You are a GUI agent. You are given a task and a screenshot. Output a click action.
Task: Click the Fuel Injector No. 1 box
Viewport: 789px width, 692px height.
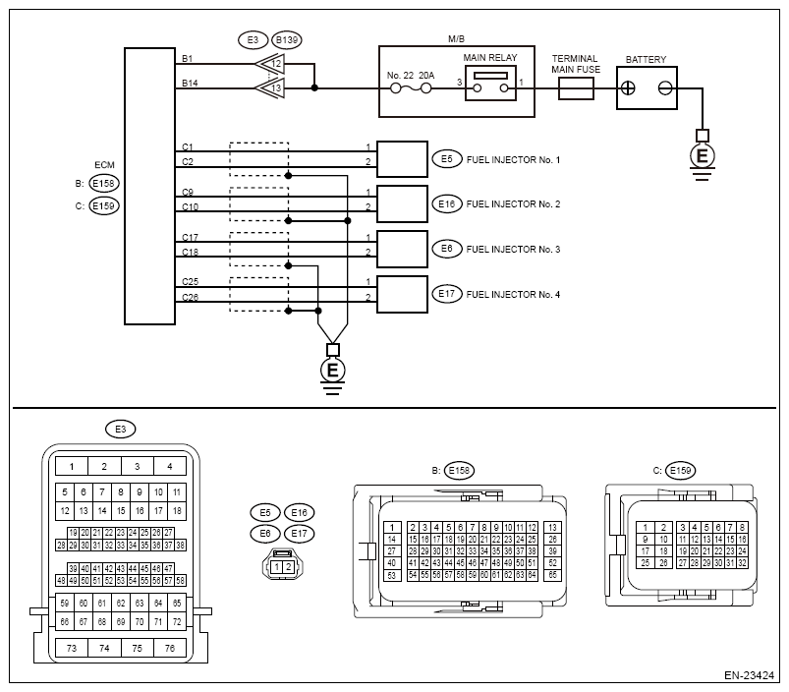(x=402, y=159)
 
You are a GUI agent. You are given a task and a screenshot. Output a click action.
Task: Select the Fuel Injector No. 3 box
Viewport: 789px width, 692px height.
(x=402, y=249)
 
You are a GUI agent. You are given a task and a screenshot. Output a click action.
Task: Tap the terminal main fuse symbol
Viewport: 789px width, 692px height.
(x=576, y=88)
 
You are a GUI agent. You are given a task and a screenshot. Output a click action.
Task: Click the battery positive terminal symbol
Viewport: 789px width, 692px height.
(x=628, y=88)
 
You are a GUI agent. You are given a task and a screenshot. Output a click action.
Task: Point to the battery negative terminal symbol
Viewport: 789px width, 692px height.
(x=665, y=88)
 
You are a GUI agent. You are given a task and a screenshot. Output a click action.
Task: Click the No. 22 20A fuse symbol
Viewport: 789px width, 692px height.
(x=411, y=88)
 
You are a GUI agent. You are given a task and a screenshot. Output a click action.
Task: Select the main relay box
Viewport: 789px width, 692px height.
(x=490, y=83)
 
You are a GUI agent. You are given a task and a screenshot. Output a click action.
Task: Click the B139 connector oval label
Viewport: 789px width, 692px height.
(x=287, y=39)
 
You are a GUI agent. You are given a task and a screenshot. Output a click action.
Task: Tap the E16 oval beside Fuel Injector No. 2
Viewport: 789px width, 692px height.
(x=446, y=203)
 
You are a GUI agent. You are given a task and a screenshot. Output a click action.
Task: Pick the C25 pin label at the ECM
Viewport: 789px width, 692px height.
(x=191, y=282)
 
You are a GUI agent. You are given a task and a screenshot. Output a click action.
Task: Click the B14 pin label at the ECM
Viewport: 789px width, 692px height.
(x=190, y=83)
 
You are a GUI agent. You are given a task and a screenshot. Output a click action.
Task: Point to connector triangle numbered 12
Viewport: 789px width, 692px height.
(x=270, y=64)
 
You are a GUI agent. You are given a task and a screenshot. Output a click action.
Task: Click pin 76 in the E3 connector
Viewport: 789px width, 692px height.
(x=170, y=648)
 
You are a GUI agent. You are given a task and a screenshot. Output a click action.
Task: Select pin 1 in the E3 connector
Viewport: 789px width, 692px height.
(x=72, y=467)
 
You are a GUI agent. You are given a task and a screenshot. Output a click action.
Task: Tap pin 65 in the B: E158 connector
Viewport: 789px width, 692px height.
(x=552, y=575)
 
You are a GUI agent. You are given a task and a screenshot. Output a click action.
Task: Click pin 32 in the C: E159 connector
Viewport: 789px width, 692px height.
(x=742, y=563)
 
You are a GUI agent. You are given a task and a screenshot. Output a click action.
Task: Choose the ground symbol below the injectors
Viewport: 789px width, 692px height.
(x=333, y=371)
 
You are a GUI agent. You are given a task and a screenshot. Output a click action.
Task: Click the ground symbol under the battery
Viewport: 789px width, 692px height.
(x=703, y=156)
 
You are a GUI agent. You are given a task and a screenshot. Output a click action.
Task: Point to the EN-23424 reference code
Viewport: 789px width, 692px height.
(x=750, y=675)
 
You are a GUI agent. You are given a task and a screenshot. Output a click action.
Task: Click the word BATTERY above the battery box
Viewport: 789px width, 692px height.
(x=646, y=59)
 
